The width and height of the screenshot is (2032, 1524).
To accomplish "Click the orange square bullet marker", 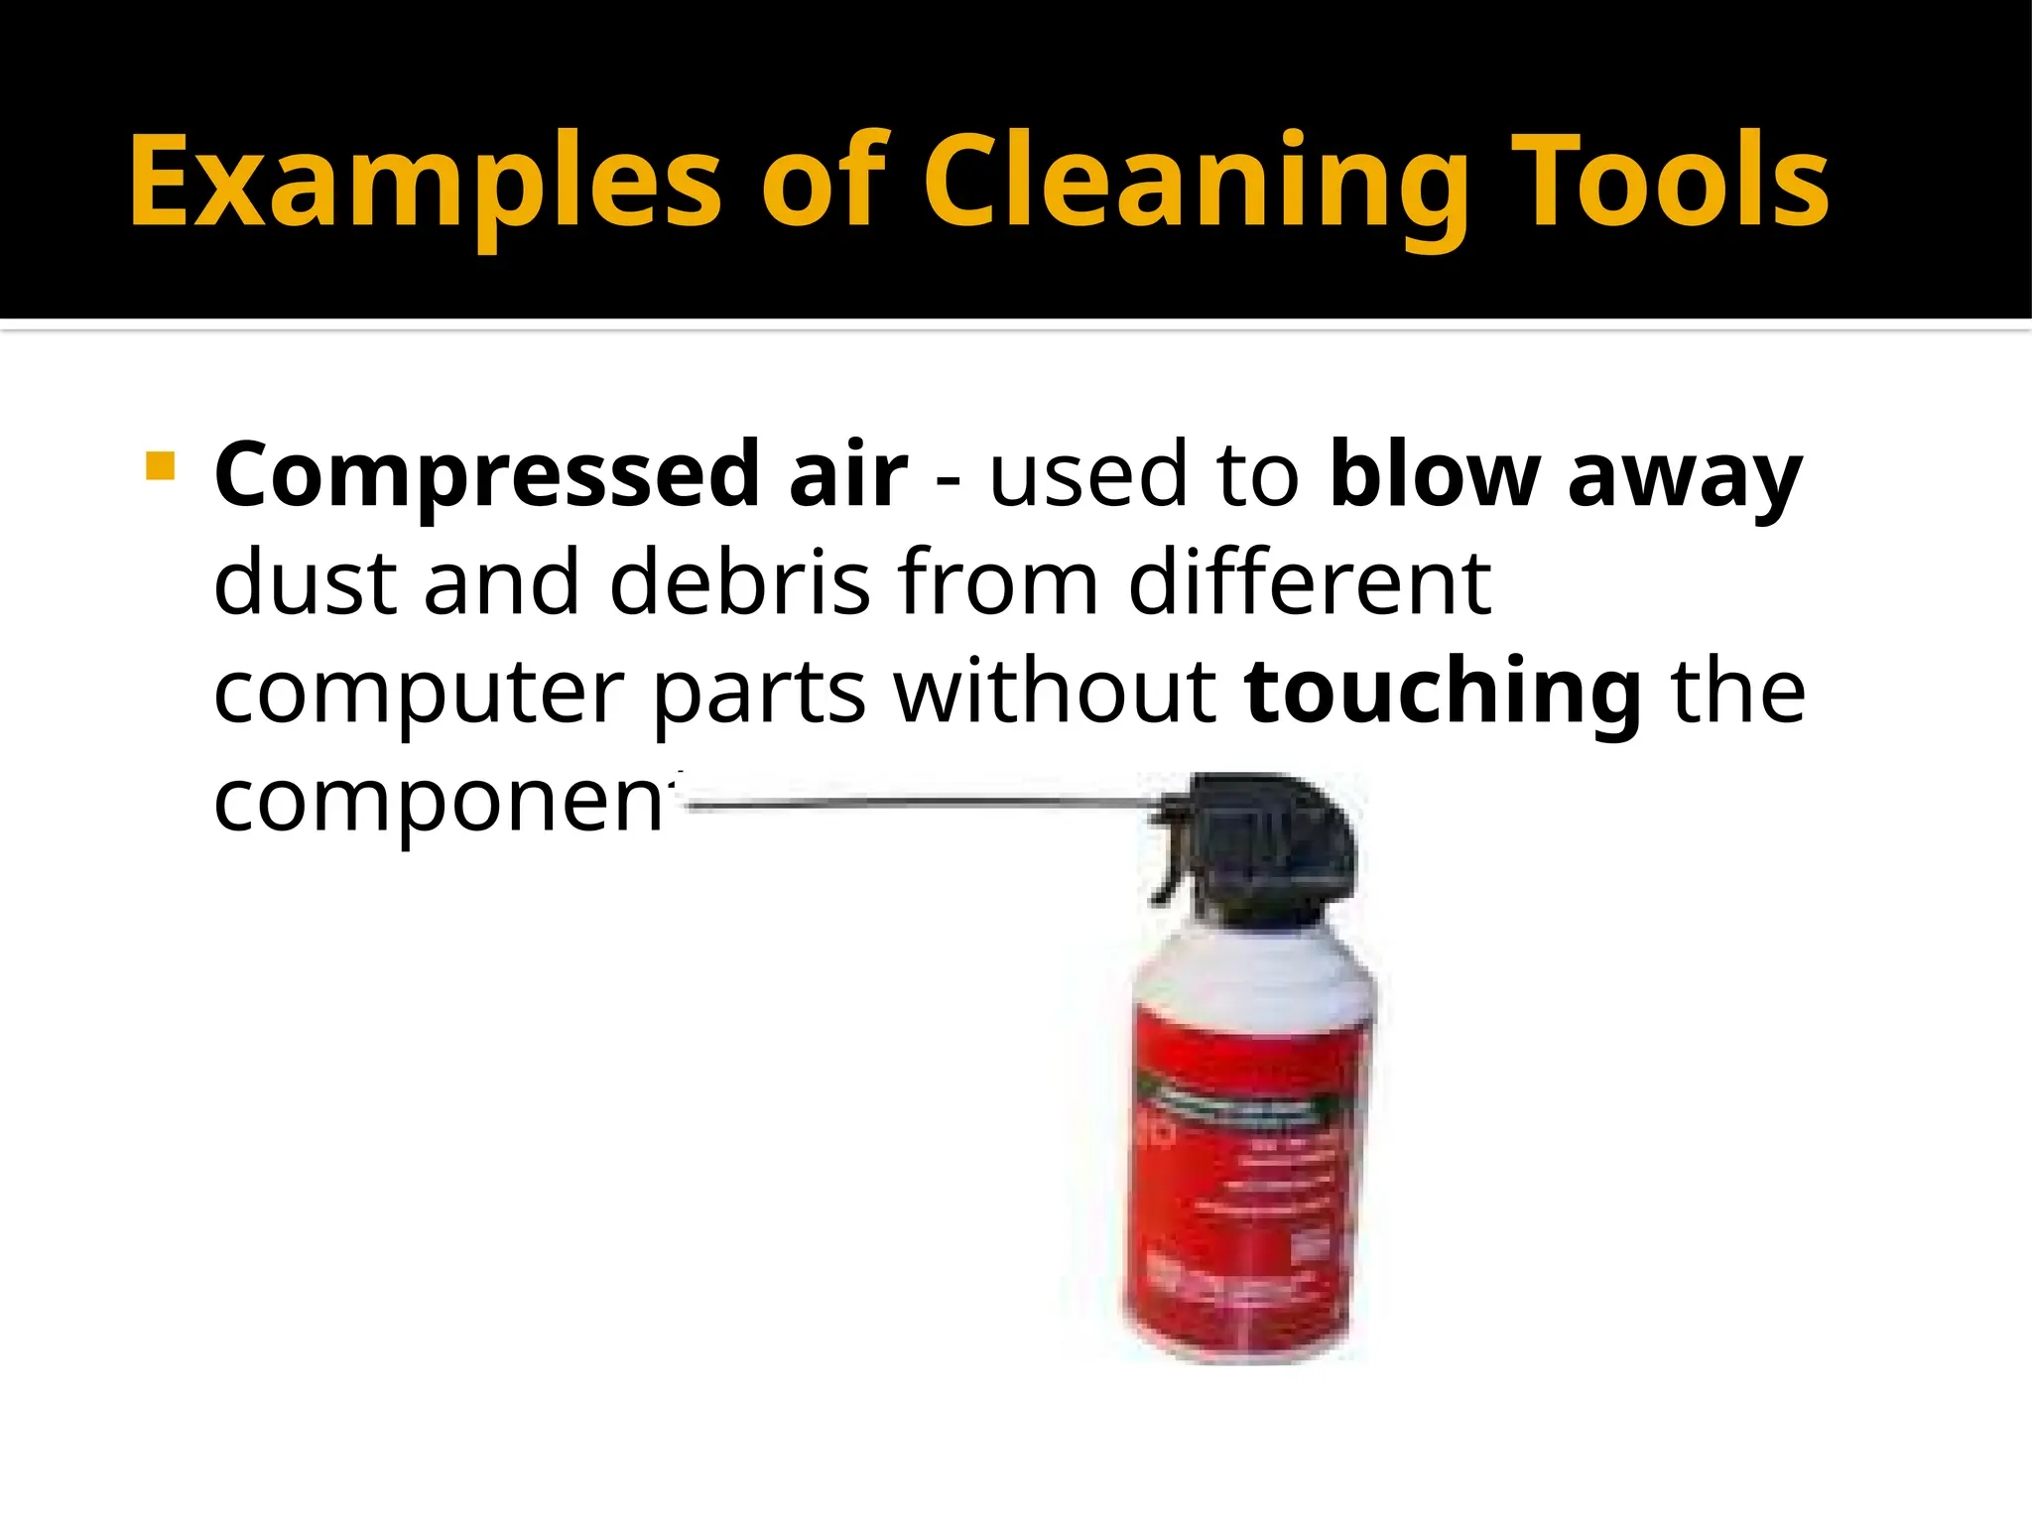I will (x=160, y=465).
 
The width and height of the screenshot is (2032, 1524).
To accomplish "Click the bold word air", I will (x=847, y=474).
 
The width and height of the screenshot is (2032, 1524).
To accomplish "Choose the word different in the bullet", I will (x=1310, y=583).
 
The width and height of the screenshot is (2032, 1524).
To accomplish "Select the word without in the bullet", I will (x=1056, y=691).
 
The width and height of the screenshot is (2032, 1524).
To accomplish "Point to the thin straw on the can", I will (x=923, y=804).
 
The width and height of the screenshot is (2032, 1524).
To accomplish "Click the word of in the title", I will (x=823, y=184).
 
